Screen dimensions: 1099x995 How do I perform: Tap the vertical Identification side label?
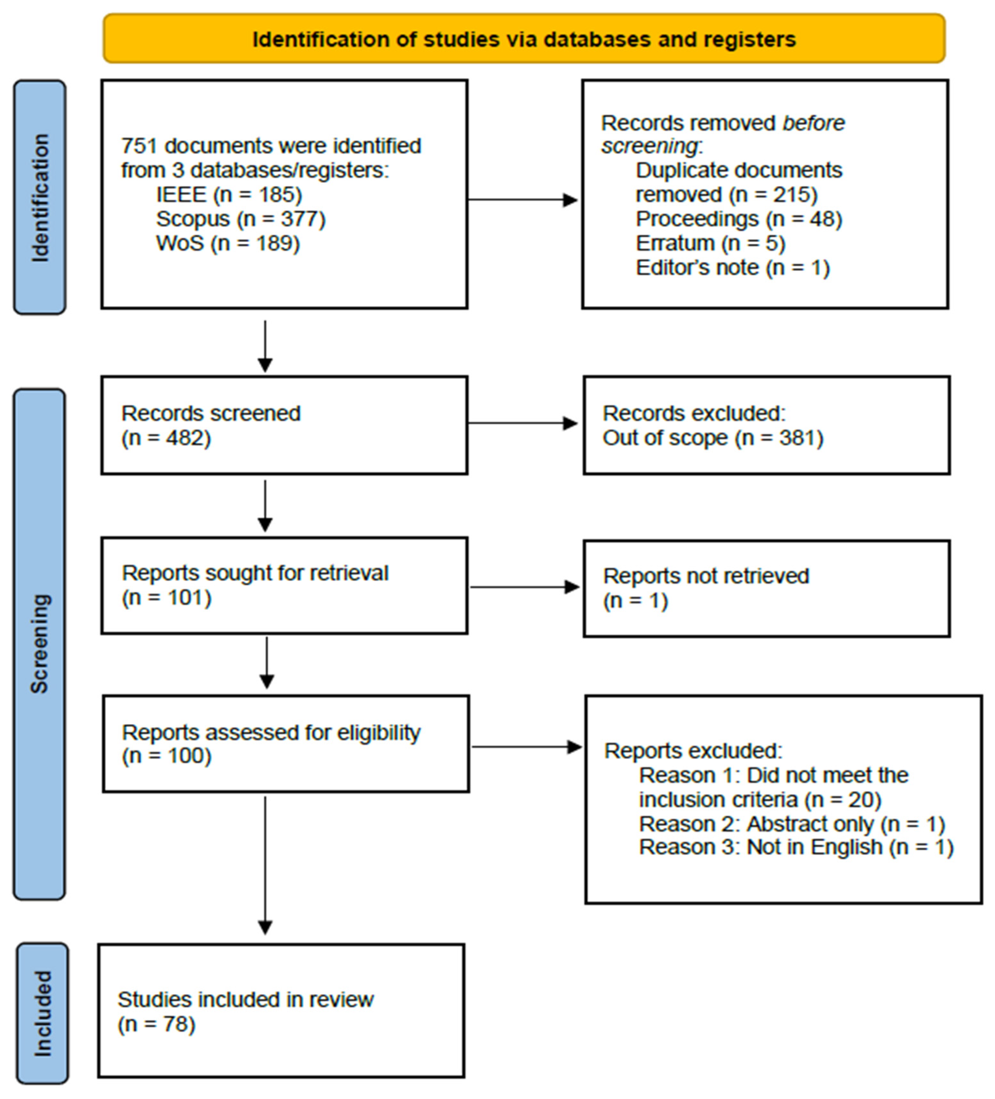(x=40, y=197)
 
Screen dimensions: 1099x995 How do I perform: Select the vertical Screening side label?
(x=39, y=643)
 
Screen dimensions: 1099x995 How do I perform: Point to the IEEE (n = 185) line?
(x=229, y=195)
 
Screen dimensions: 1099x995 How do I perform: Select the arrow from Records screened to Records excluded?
(x=522, y=423)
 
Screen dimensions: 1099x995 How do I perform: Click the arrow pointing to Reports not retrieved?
(x=524, y=587)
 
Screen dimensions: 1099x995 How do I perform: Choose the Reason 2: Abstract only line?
(x=791, y=824)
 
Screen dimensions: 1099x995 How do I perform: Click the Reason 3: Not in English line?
(x=796, y=847)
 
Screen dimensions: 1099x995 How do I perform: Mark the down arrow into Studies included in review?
(x=266, y=867)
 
